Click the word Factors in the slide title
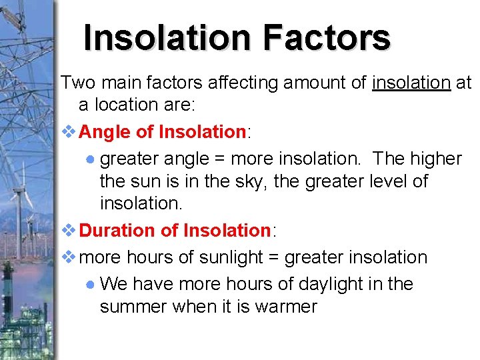tap(326, 37)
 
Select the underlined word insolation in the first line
tap(412, 83)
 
